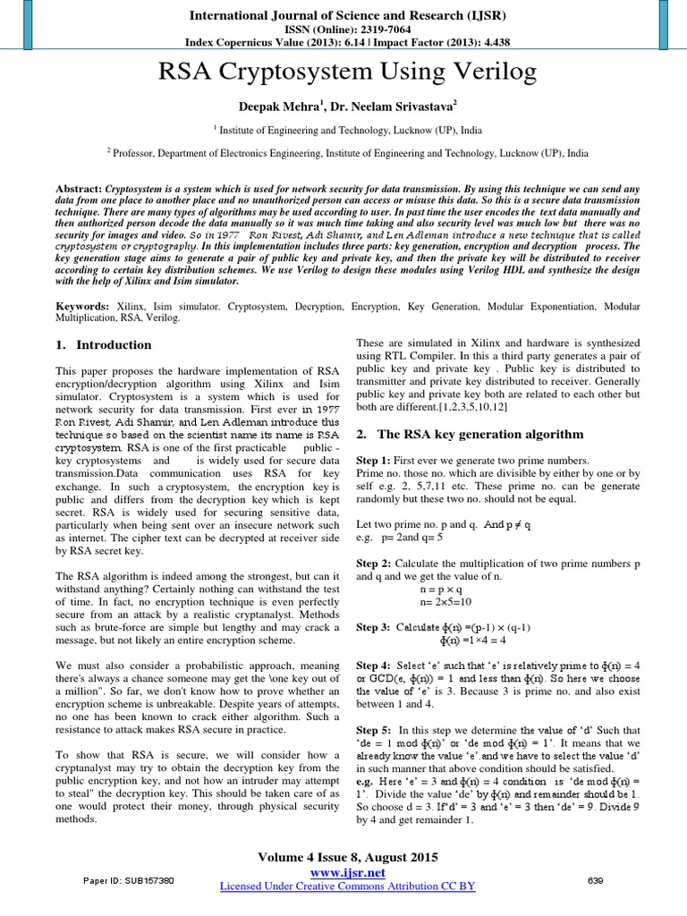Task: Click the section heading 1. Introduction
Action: [x=104, y=345]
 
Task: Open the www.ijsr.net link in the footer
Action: [x=347, y=872]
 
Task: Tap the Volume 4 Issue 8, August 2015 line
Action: [x=347, y=857]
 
